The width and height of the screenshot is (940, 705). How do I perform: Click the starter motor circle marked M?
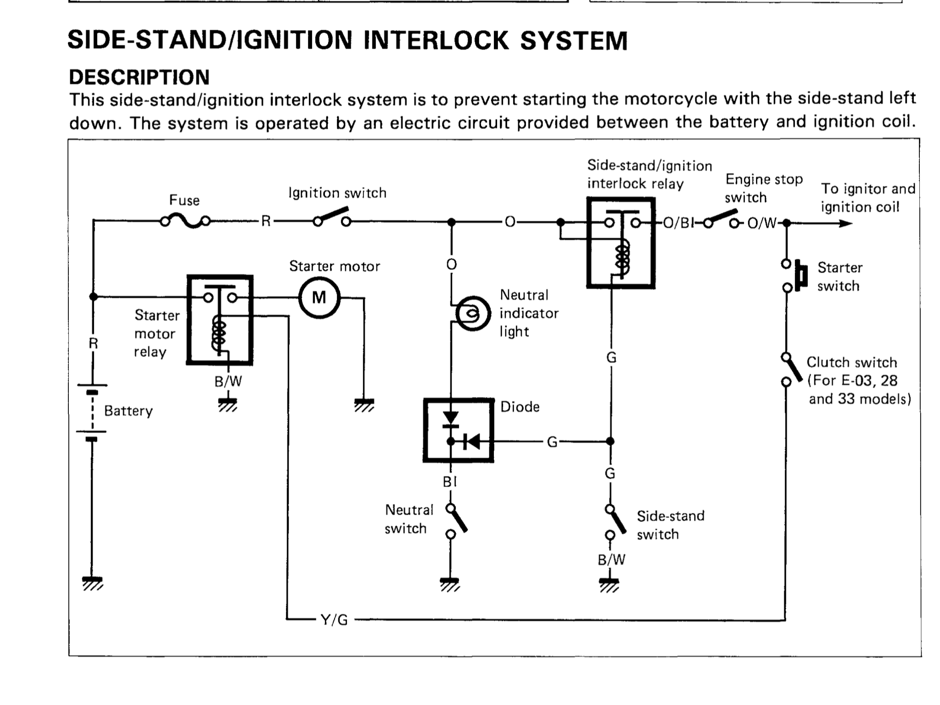point(319,298)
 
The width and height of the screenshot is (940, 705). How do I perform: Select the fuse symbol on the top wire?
point(185,222)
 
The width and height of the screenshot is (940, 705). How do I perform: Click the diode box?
point(458,430)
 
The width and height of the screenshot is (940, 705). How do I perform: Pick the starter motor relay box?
point(220,320)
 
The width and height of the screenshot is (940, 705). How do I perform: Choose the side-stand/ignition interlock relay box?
point(621,243)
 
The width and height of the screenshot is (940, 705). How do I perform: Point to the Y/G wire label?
point(334,620)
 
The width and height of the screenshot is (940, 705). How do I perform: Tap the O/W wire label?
point(762,223)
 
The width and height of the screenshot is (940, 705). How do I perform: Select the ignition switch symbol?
point(331,218)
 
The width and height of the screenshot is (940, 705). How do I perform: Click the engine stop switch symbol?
point(722,220)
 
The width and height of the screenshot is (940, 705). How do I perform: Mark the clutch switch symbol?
point(789,369)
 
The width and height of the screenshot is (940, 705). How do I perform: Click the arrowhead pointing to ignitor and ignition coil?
point(845,224)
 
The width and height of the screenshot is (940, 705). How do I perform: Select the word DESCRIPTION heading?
point(139,77)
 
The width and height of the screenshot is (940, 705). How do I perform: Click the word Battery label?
point(128,410)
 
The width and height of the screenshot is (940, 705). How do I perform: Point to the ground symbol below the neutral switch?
point(450,583)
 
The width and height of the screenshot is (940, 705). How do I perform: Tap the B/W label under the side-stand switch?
point(611,560)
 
